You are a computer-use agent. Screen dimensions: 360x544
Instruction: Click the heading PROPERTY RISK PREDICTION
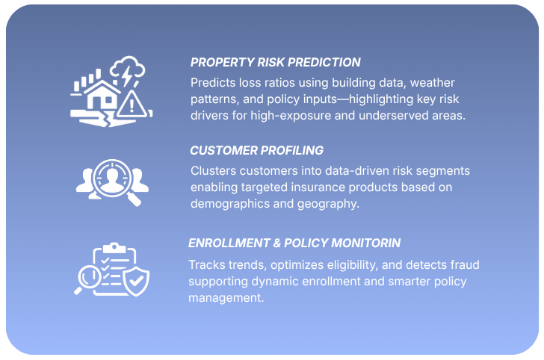pyautogui.click(x=275, y=63)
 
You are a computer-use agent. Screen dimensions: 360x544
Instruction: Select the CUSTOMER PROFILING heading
pyautogui.click(x=256, y=151)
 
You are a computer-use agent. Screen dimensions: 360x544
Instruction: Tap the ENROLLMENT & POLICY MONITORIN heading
pyautogui.click(x=294, y=243)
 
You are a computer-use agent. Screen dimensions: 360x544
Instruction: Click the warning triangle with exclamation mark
pyautogui.click(x=132, y=102)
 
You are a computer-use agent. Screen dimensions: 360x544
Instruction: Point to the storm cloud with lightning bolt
pyautogui.click(x=127, y=73)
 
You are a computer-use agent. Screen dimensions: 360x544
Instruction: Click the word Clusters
pyautogui.click(x=214, y=170)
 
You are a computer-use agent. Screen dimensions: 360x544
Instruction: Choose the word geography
pyautogui.click(x=333, y=203)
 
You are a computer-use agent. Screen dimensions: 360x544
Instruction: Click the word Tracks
pyautogui.click(x=206, y=264)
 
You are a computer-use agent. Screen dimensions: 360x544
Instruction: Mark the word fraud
pyautogui.click(x=463, y=264)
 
